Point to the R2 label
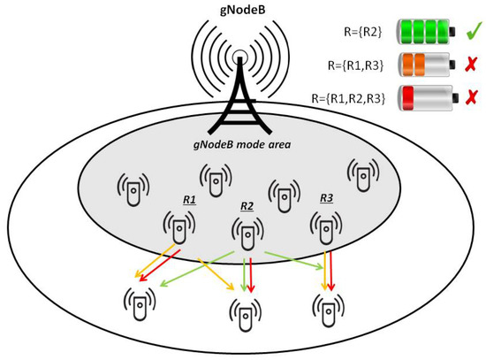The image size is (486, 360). pos(247,206)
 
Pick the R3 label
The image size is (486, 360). pos(327,197)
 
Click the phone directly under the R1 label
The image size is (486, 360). pos(179,228)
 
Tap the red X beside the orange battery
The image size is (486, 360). pos(473,65)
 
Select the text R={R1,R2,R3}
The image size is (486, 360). pos(349,96)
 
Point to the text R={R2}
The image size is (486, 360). pos(362,32)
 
